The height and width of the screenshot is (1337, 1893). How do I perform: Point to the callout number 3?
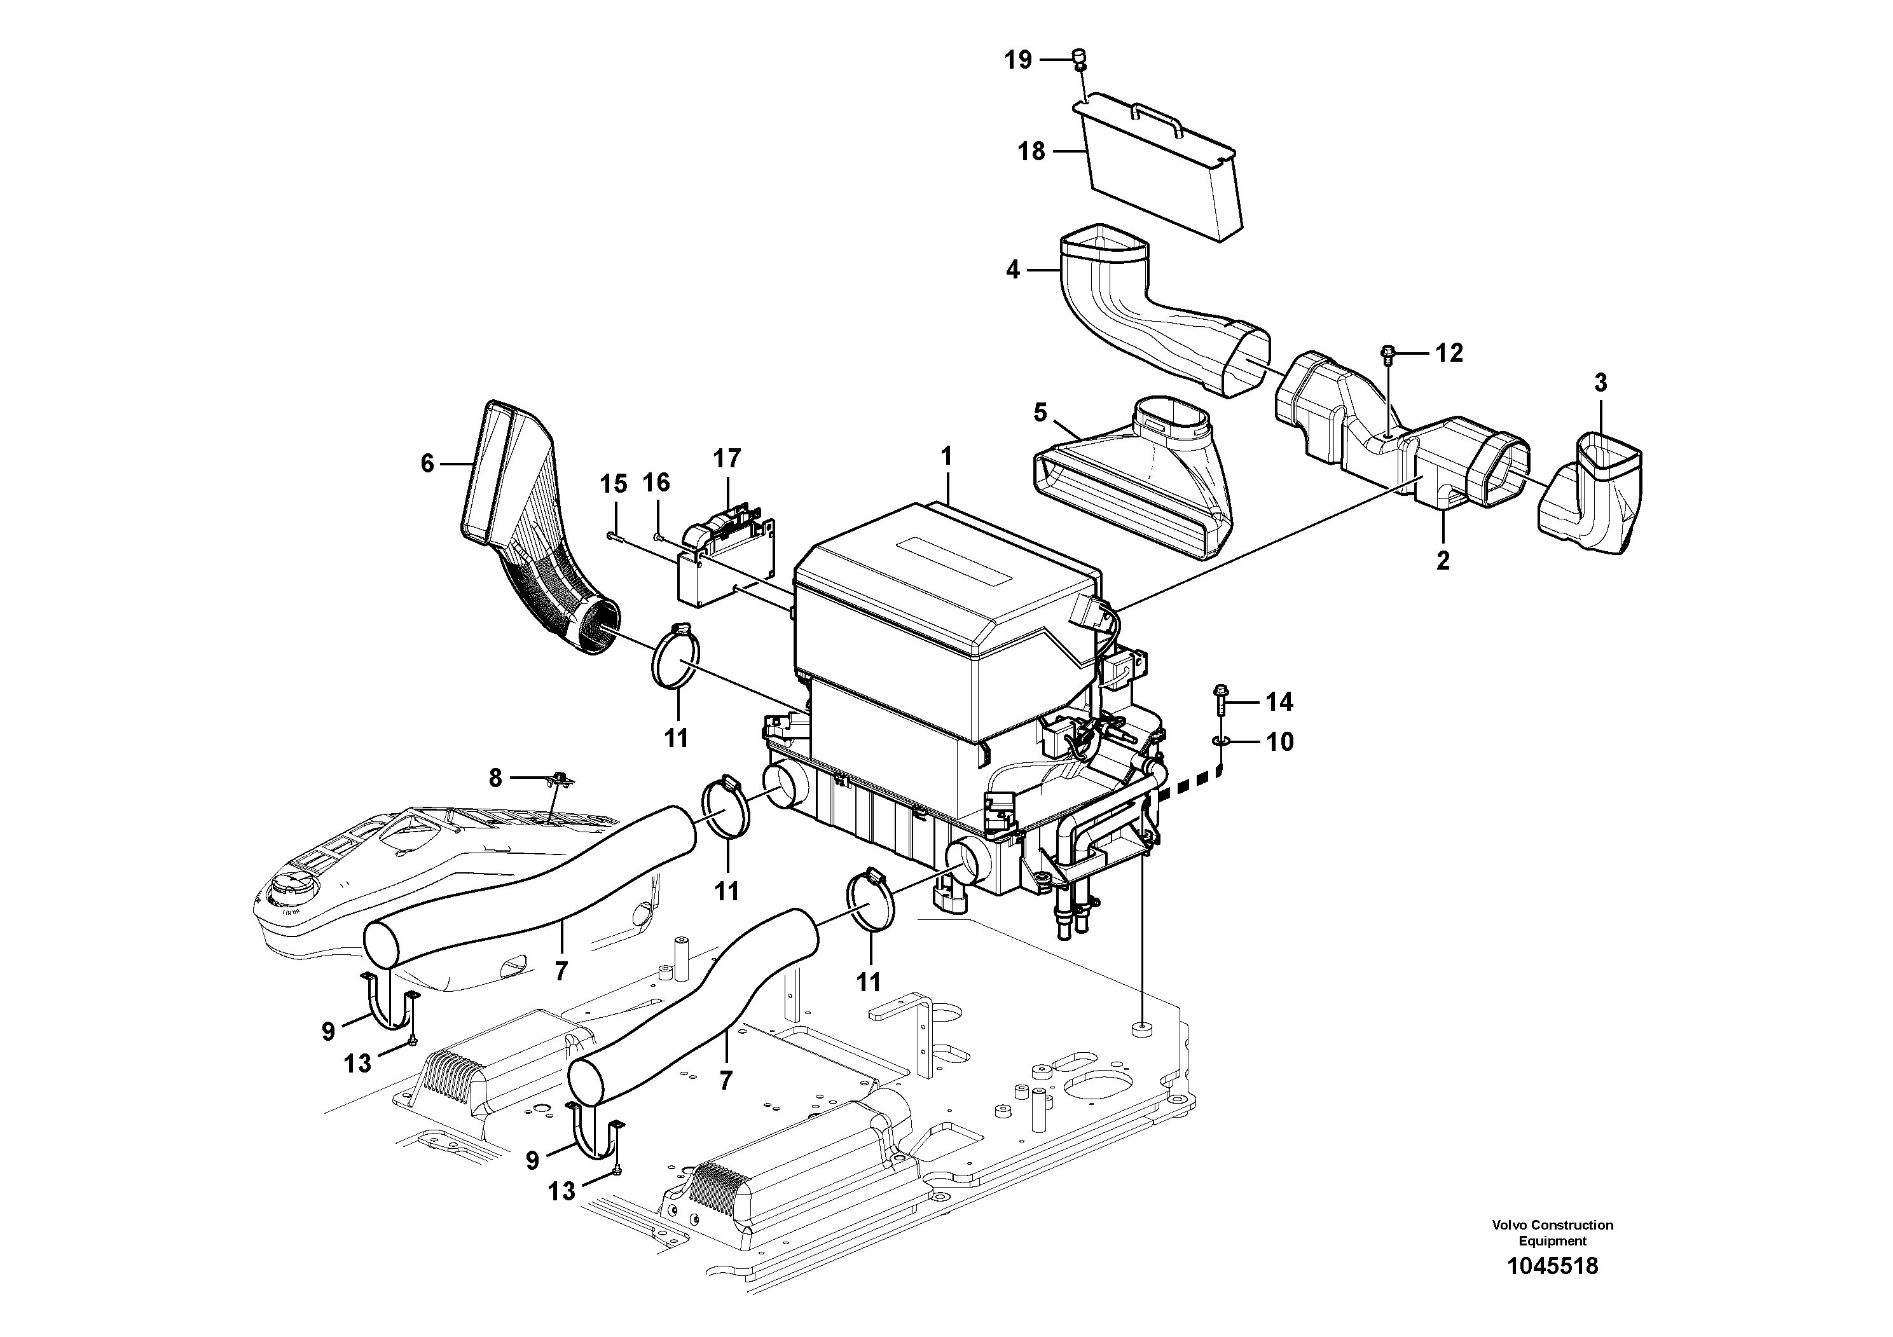tap(1600, 383)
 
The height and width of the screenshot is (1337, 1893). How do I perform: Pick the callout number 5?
tap(1040, 412)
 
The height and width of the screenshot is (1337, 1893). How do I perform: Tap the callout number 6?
tap(427, 463)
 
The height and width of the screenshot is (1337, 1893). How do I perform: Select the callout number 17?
tap(727, 458)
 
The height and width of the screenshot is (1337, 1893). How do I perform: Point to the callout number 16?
tap(657, 482)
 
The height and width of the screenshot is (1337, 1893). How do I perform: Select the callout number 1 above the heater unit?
tap(946, 456)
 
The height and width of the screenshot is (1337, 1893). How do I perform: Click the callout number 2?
tap(1442, 561)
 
